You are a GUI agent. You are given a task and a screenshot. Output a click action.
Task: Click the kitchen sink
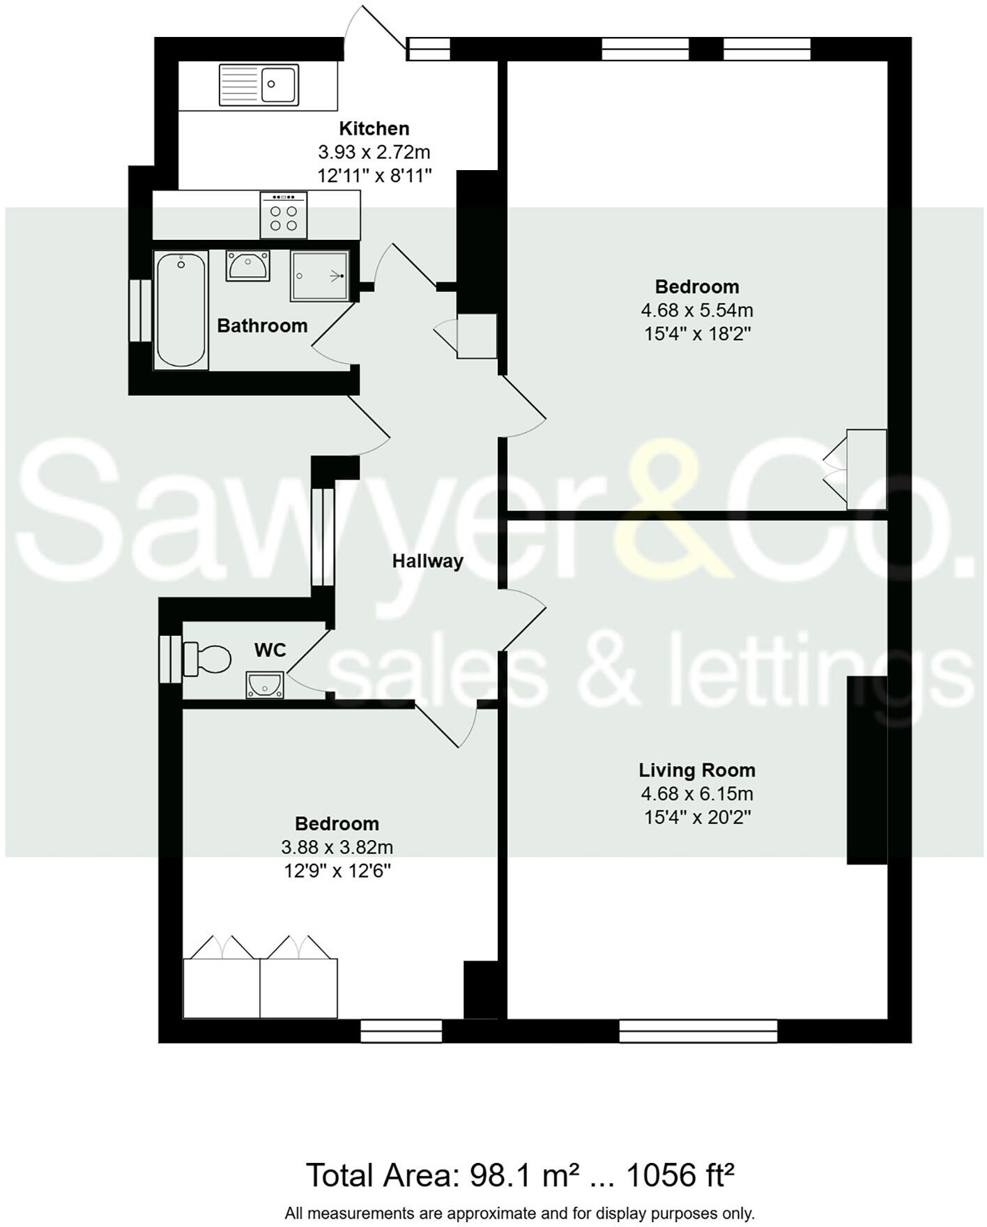(259, 84)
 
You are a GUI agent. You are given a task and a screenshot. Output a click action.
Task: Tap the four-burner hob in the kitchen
(284, 215)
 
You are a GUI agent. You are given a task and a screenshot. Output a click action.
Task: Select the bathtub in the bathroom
(181, 310)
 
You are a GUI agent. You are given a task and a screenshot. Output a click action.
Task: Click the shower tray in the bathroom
(319, 276)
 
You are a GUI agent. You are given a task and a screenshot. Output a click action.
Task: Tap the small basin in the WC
(265, 685)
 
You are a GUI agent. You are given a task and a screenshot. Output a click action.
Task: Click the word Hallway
(427, 561)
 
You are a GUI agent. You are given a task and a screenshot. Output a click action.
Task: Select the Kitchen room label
(374, 128)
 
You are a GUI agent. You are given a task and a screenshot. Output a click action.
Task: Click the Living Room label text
(697, 770)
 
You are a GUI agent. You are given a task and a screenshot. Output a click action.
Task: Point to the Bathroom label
(262, 326)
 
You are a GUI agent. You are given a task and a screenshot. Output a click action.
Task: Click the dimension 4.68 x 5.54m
(697, 310)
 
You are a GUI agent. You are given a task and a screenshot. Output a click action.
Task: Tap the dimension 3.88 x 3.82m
(337, 848)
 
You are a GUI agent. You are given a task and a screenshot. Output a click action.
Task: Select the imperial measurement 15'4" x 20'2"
(697, 817)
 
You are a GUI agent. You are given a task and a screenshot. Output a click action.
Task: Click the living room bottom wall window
(698, 1031)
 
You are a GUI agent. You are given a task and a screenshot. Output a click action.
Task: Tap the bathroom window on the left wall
(140, 311)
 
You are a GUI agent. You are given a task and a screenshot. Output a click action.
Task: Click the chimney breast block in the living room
(866, 770)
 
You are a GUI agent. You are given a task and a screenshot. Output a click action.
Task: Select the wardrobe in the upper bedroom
(866, 469)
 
